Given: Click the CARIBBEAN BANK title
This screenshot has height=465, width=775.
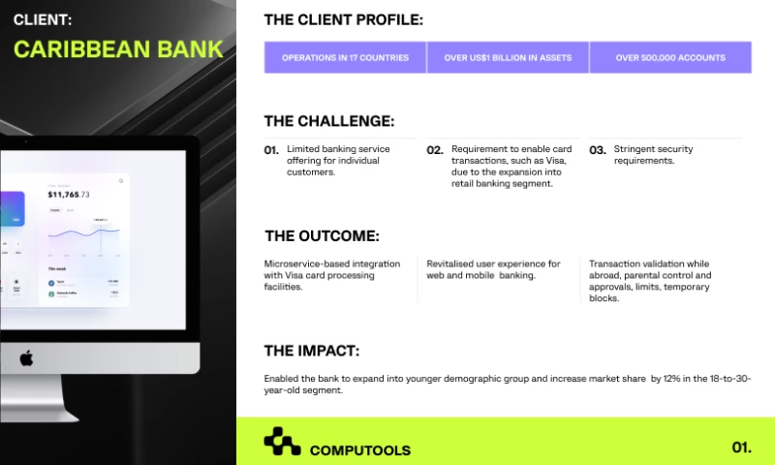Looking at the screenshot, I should pos(117,48).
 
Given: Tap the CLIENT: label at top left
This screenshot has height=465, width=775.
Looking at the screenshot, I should pos(42,18).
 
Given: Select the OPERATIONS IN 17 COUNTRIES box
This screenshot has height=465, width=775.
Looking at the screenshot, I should pos(345,58).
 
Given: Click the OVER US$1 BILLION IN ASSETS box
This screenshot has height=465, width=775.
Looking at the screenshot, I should pos(508,58).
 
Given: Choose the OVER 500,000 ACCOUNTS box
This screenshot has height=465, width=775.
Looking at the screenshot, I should pos(670,58).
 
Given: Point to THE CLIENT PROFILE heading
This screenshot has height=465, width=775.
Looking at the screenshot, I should pos(343,19).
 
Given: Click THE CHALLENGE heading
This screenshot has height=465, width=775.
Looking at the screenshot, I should pos(328,121).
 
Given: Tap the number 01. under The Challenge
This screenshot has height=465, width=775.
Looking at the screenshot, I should pos(271,150).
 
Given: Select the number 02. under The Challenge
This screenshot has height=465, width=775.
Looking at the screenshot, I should pos(435,150).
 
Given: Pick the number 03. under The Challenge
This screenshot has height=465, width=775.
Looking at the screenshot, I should pos(598,150).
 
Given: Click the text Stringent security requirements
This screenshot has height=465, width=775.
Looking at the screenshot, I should pos(654,155).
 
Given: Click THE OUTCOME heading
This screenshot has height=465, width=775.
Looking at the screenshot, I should pos(322,235).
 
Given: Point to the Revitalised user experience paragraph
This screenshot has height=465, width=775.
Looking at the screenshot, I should pos(494,269).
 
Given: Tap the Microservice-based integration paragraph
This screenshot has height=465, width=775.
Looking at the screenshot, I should pos(333,275).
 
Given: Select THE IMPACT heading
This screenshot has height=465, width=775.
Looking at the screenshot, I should pos(311,351).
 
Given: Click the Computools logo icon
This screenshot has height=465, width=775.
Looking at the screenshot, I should pos(282,442).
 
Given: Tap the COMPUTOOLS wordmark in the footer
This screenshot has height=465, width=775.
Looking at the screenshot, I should pos(359,450).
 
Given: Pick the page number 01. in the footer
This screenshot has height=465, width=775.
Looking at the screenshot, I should pos(741,448).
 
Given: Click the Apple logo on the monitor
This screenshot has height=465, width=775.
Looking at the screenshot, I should pos(26,357).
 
